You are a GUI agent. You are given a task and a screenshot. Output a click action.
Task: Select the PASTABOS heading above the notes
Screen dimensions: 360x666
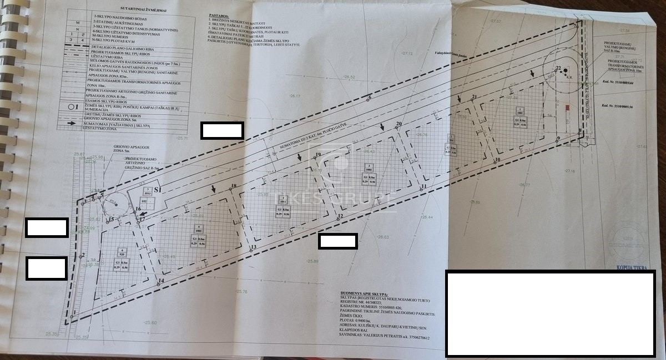tap(220, 17)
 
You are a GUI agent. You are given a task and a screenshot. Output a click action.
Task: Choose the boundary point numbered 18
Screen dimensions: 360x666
tap(231, 189)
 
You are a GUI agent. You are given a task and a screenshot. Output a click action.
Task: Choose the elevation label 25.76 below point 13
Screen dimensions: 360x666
tap(241, 291)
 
